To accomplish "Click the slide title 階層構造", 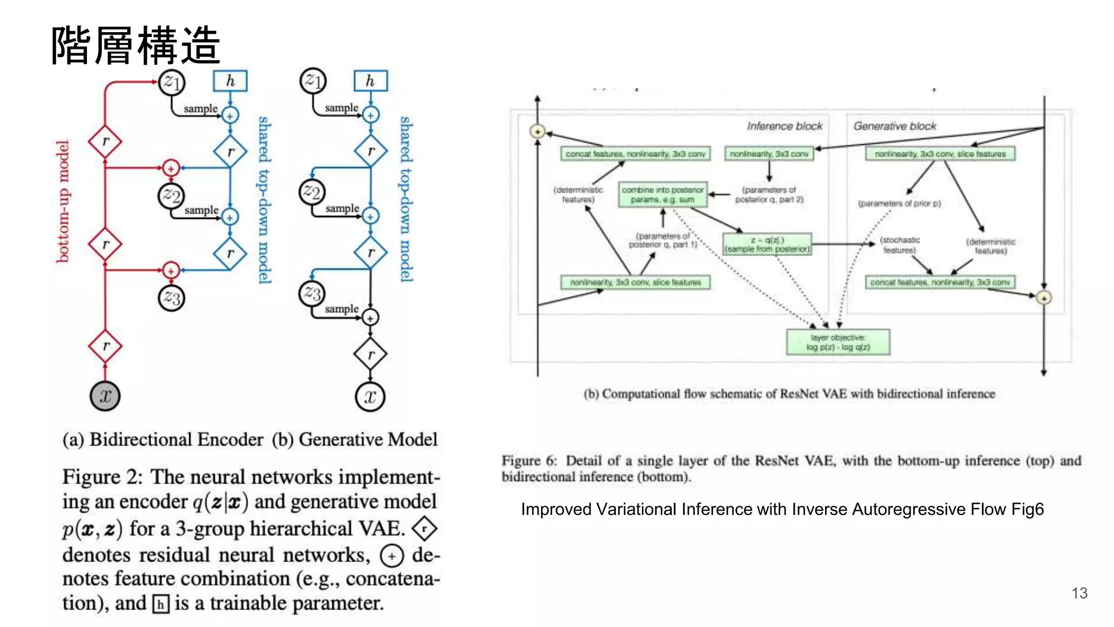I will click(136, 46).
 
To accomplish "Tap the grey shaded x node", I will click(105, 396).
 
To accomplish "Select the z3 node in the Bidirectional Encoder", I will click(171, 298).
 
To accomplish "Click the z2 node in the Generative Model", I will click(312, 192).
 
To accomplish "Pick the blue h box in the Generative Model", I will click(370, 81).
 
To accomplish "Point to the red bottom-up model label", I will click(63, 201).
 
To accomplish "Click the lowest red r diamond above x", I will click(105, 346).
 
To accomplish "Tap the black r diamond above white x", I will click(370, 355).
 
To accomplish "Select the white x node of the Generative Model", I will click(370, 396).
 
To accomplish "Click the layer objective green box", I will click(838, 342).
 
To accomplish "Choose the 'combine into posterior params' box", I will click(663, 194).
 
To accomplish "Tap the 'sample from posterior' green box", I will click(767, 244).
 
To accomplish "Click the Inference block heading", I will click(784, 126).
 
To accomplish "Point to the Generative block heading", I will click(894, 126).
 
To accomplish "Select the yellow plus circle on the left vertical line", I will click(537, 131).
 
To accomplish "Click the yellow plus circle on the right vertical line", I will click(1043, 298).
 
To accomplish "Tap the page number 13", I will click(1079, 593).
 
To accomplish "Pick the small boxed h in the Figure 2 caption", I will click(160, 604).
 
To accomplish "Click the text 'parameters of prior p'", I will click(899, 204).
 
